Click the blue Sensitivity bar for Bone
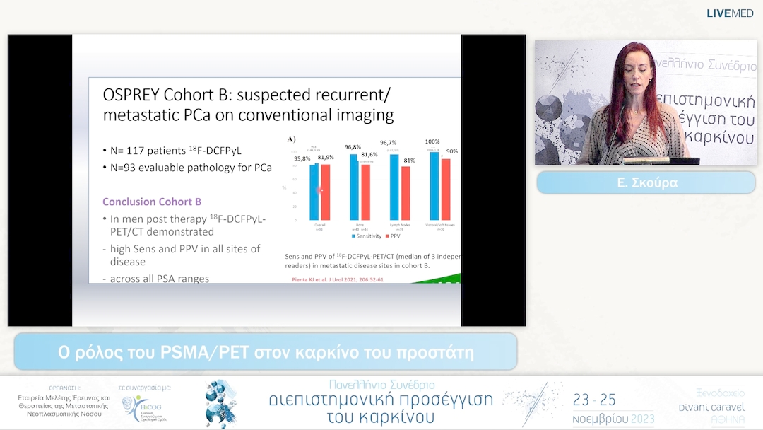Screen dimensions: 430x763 click(354, 187)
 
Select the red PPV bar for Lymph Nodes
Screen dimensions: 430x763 click(406, 192)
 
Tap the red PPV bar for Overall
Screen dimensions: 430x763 click(326, 192)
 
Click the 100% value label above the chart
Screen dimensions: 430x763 click(432, 141)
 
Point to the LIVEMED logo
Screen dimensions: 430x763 click(731, 13)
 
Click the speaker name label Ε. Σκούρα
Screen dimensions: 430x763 click(646, 182)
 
